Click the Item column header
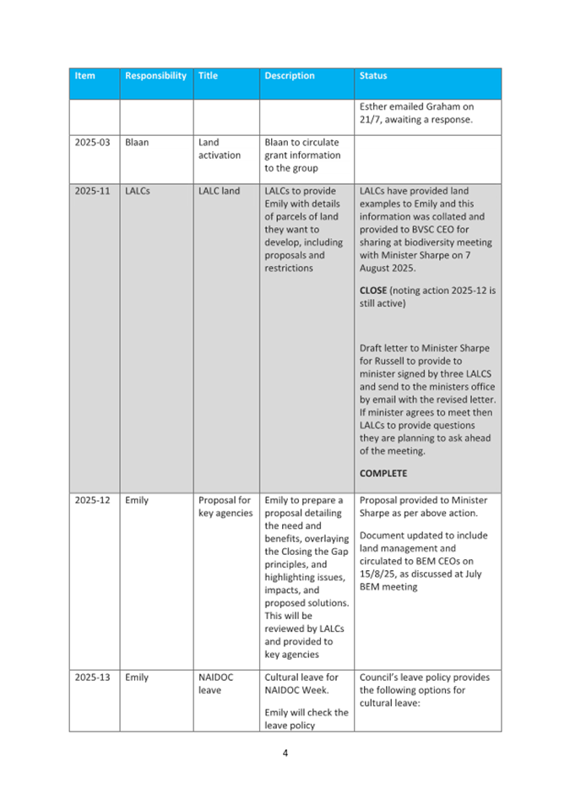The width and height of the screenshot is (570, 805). pos(84,76)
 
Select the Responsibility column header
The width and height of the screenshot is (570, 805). pos(155,76)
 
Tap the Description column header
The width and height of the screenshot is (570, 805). pos(290,76)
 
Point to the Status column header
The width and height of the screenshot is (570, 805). pos(373,76)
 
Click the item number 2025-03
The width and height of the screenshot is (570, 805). pos(92,143)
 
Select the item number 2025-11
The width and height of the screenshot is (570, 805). pos(92,191)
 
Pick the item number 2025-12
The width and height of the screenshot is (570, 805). pos(92,500)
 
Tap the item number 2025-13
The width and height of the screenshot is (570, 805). pos(92,677)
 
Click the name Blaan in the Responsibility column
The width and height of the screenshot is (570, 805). pos(137,143)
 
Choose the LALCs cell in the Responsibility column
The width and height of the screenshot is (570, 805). pos(138,191)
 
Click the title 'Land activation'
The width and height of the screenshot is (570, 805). pos(219,149)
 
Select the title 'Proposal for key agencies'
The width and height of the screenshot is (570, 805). pos(224,507)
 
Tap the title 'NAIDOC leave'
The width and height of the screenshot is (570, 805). pos(215,683)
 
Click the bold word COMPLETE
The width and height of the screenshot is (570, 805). pos(383,474)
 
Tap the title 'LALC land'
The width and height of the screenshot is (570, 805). pos(219,191)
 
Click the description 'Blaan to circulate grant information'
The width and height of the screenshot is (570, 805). pos(302,155)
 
